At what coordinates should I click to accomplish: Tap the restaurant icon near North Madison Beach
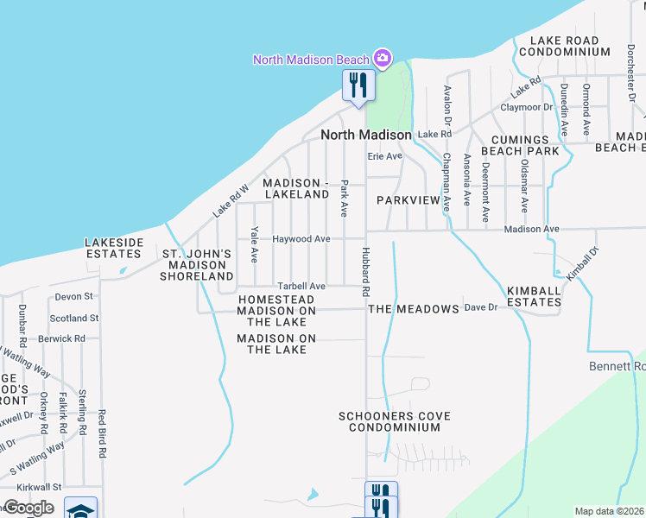pos(358,85)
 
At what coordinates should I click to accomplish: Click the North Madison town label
pos(365,135)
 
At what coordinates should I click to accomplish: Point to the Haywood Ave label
pos(301,238)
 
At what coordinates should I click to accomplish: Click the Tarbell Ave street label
pos(301,286)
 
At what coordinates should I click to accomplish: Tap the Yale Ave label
pos(254,244)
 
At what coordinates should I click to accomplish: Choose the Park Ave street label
pos(344,198)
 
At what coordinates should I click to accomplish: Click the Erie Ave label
pos(385,156)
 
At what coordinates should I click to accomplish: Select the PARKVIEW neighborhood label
pos(414,199)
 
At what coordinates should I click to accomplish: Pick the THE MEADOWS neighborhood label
pos(413,308)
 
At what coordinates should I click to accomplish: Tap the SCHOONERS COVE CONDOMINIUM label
pos(395,421)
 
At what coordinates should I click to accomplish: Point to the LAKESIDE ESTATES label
pos(113,248)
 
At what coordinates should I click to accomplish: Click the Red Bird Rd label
pos(102,433)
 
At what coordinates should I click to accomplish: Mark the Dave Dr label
pos(481,306)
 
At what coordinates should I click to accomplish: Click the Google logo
pos(28,508)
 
